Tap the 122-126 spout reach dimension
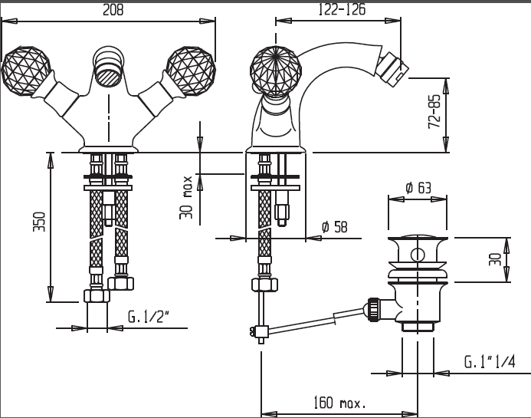pos(342,9)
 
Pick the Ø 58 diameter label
pos(334,227)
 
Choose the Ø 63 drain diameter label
pos(418,187)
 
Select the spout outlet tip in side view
pos(396,67)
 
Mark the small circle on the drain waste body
pos(418,255)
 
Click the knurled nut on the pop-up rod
pos(373,308)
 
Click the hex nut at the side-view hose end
pos(264,285)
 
